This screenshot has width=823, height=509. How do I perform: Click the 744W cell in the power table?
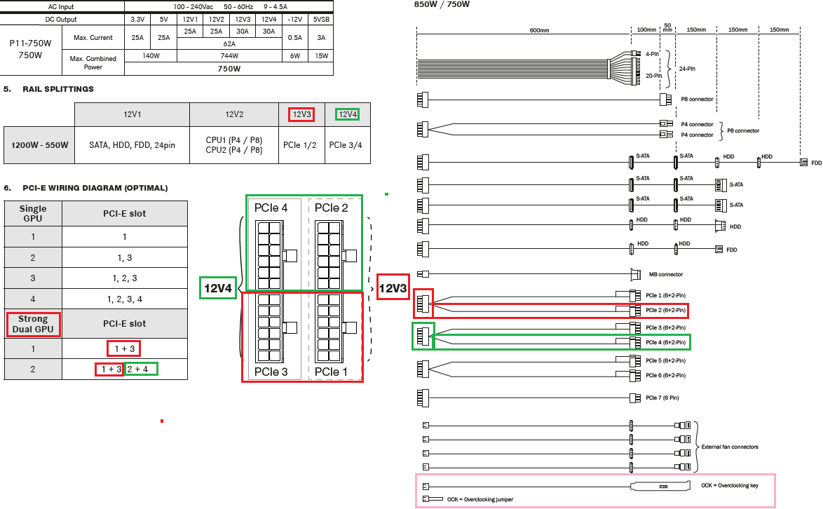(x=229, y=55)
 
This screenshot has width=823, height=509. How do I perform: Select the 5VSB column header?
(x=321, y=20)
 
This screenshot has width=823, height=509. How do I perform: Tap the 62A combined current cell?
(x=229, y=43)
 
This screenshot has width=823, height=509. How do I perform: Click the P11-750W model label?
(x=30, y=43)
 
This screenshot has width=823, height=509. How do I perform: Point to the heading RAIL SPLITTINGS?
(x=57, y=89)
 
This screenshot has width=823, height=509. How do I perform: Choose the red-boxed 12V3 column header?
(x=301, y=114)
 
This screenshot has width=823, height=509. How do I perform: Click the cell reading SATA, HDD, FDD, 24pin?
(x=132, y=145)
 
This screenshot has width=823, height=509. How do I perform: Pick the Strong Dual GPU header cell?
(x=33, y=324)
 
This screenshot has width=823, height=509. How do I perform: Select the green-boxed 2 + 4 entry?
(x=141, y=369)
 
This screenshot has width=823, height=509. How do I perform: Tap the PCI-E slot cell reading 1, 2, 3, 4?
(x=124, y=299)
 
